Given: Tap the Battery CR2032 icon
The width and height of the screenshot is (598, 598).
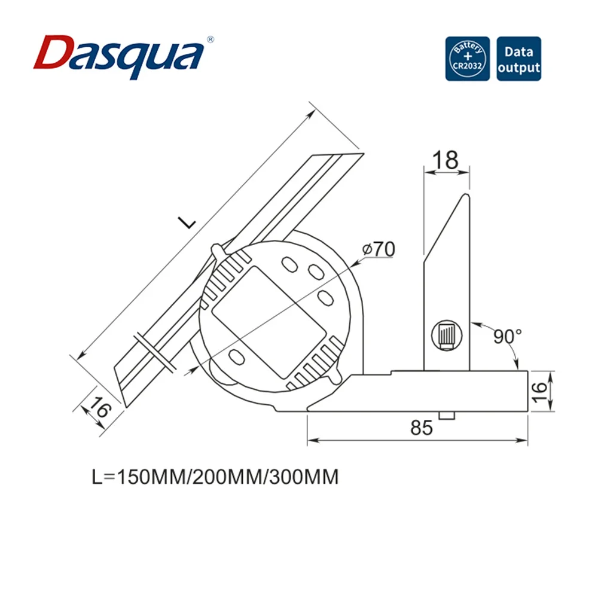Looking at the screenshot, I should click(467, 59).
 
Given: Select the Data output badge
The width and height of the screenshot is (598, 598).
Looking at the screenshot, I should click(518, 59).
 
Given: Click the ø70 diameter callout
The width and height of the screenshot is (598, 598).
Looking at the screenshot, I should click(378, 249).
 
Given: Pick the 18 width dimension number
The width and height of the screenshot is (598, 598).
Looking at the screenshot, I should click(444, 160).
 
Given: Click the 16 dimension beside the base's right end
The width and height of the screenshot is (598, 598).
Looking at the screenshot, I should click(539, 392).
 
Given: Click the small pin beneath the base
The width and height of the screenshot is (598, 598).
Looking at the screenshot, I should click(446, 416).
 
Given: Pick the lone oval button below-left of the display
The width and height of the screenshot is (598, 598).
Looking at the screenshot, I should click(236, 356).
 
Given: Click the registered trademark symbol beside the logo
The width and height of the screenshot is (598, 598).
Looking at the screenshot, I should click(210, 39).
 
